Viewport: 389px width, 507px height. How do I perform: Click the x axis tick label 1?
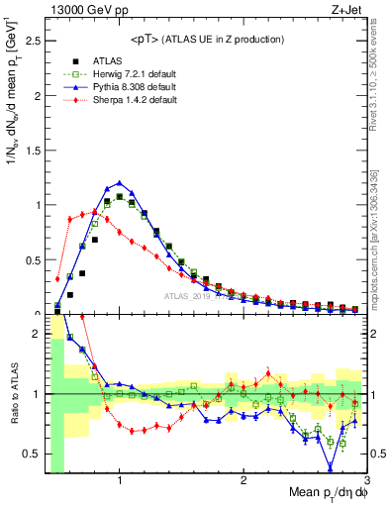(120, 481)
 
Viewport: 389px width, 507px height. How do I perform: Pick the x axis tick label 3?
(366, 481)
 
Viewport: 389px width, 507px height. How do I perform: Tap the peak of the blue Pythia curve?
(120, 182)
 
